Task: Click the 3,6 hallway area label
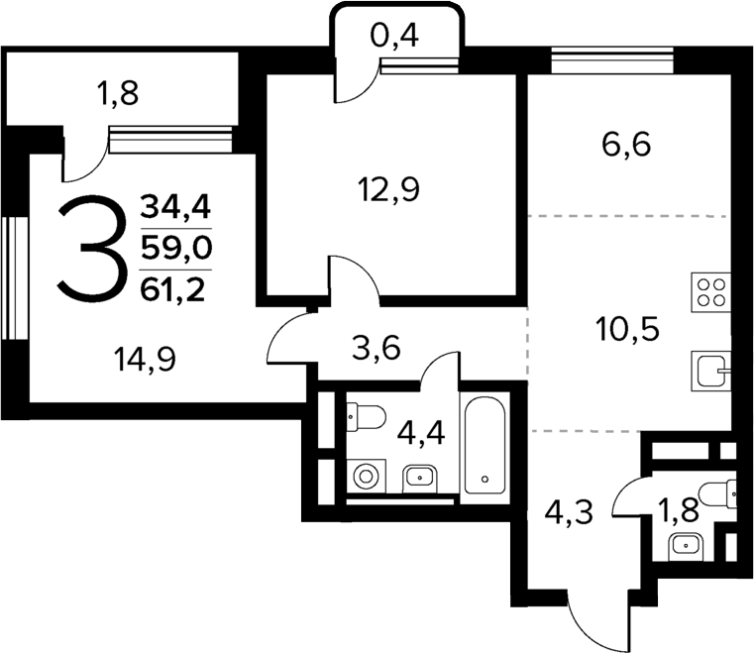pos(377,348)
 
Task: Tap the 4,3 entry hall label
pos(571,513)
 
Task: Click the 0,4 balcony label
pos(395,38)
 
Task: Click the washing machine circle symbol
pos(368,476)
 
